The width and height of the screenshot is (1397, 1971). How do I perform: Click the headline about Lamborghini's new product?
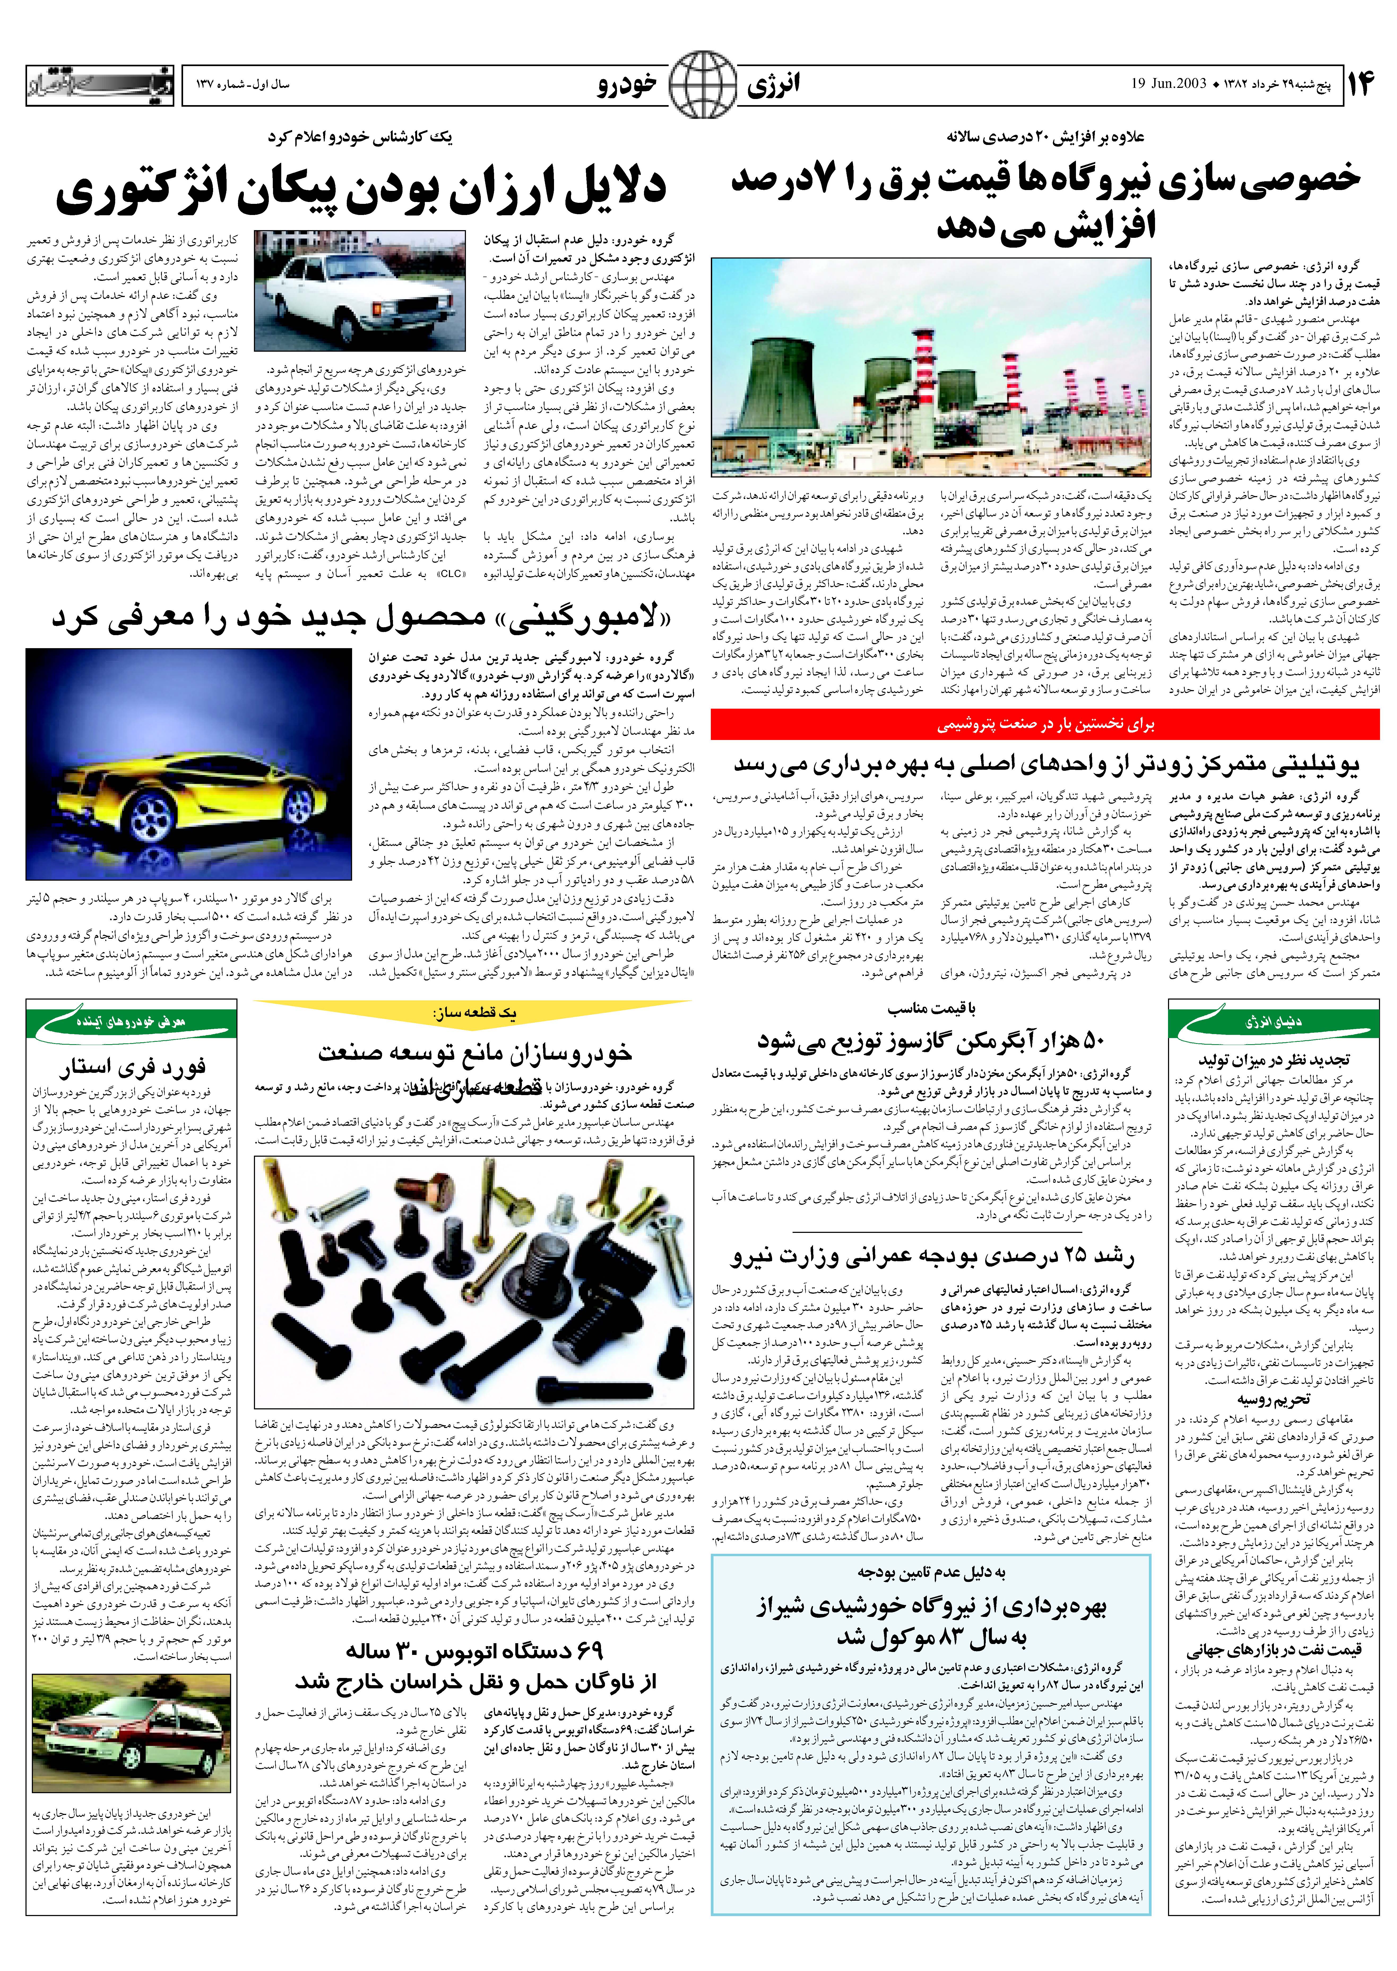coord(361,618)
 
